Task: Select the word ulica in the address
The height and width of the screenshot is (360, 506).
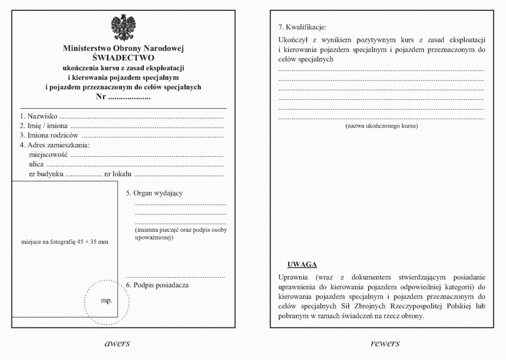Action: [x=37, y=165]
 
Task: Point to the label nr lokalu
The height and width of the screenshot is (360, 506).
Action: [x=118, y=174]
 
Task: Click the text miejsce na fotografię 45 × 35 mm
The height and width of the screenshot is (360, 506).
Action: [x=65, y=242]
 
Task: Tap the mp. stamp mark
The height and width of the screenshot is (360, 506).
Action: [x=106, y=301]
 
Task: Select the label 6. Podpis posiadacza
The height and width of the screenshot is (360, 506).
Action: [x=157, y=285]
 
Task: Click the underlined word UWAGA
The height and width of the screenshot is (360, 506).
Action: [x=302, y=265]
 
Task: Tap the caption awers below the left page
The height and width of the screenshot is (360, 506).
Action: [x=118, y=343]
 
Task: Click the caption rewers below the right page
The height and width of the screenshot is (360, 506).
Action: [x=385, y=343]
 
